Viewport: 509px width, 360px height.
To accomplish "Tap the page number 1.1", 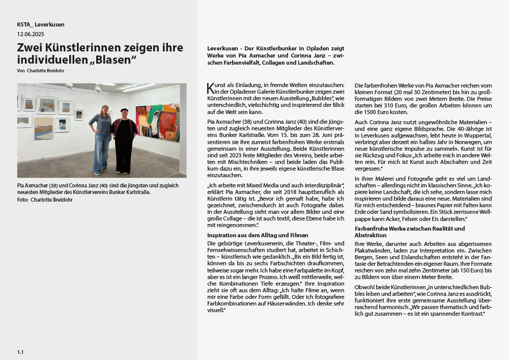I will (x=20, y=352).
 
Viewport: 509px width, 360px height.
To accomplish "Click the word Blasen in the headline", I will (x=115, y=60).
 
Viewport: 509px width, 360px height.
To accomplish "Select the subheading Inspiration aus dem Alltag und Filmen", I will (x=258, y=235).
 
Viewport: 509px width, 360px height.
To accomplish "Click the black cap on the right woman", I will (x=124, y=109).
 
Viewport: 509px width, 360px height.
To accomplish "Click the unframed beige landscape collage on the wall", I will (x=43, y=128).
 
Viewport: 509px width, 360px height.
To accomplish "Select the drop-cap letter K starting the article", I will (x=210, y=89).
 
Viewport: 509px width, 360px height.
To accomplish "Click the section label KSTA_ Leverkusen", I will (x=41, y=24).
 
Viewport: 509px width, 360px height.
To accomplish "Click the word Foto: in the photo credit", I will (x=22, y=200).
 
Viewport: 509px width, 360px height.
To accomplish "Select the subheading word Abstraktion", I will (x=371, y=235).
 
